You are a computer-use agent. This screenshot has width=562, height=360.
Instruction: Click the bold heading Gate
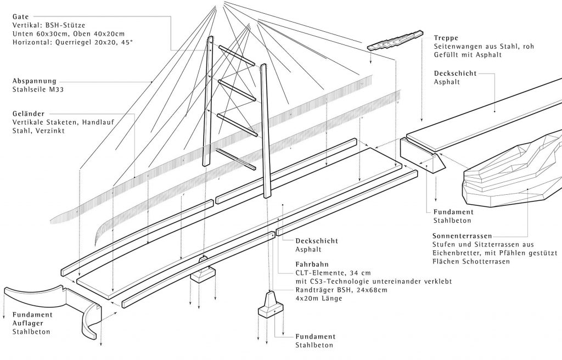click(x=20, y=16)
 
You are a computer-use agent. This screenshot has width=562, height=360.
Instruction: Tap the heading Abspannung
click(x=35, y=81)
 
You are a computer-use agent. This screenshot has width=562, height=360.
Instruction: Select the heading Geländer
click(x=29, y=114)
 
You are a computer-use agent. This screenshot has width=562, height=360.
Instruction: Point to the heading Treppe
click(x=446, y=38)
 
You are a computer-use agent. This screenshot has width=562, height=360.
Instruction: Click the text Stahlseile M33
click(x=38, y=89)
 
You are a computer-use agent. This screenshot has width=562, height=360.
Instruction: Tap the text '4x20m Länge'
click(x=319, y=298)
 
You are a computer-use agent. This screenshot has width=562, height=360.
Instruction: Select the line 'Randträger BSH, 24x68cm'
click(x=341, y=290)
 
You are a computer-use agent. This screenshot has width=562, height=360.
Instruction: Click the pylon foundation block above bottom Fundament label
click(x=271, y=305)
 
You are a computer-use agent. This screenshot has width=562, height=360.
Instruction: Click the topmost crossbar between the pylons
click(x=237, y=55)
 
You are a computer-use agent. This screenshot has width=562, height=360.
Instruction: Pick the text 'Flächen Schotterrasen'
click(x=471, y=261)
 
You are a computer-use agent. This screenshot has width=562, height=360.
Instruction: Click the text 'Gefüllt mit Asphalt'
click(x=468, y=55)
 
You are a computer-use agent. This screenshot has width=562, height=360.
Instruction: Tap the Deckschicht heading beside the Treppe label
click(x=455, y=73)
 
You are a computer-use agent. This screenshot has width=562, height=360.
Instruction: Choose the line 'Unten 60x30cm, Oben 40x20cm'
click(x=69, y=33)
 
